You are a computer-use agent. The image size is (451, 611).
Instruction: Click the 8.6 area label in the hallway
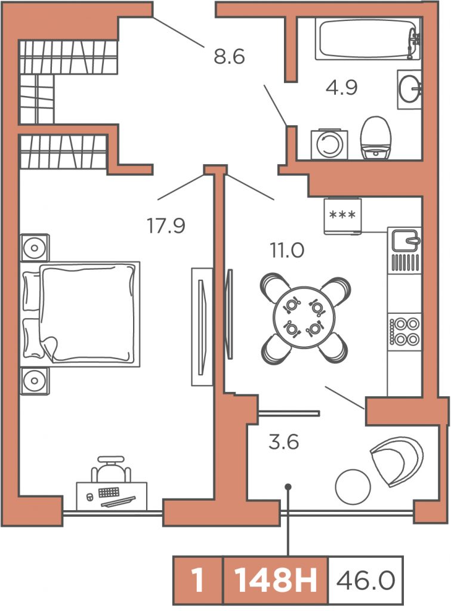[229, 57]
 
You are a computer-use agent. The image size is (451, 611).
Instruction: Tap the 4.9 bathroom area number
[342, 88]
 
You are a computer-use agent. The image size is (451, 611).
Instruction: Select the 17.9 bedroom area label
[166, 225]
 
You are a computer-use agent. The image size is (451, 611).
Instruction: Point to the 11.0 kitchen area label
[287, 250]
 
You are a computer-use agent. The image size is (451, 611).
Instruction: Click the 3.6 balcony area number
[284, 442]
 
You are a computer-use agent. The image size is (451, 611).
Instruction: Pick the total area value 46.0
[366, 581]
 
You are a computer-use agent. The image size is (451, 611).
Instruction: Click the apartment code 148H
[276, 581]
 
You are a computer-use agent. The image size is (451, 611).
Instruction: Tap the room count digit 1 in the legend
[198, 581]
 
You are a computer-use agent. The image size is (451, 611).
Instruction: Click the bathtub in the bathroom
[368, 39]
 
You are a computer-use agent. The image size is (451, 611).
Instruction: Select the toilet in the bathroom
[376, 137]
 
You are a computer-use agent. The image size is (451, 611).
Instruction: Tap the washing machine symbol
[329, 144]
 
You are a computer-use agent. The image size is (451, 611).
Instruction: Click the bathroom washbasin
[409, 90]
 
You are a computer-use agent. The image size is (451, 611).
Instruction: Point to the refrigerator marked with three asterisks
[343, 216]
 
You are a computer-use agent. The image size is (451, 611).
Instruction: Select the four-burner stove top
[405, 331]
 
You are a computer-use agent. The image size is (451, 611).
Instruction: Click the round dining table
[305, 319]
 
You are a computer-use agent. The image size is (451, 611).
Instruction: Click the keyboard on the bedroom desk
[108, 492]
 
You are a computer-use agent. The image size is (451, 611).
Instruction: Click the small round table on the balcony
[353, 486]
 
